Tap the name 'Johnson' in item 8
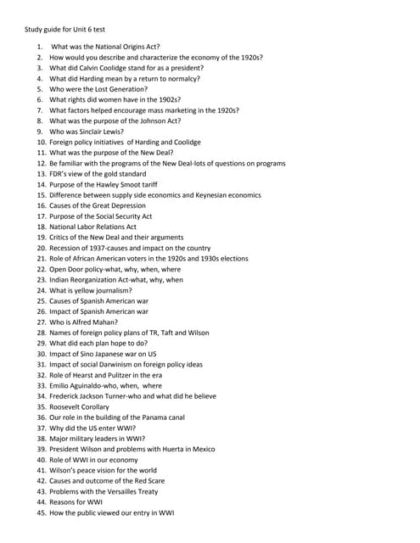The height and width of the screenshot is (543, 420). coord(145,120)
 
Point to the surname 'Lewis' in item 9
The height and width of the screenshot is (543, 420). coord(111,132)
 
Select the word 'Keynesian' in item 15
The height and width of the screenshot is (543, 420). coord(207,195)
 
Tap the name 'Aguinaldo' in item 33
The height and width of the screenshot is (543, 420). coord(85,386)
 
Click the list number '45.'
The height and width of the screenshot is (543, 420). coord(40,513)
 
